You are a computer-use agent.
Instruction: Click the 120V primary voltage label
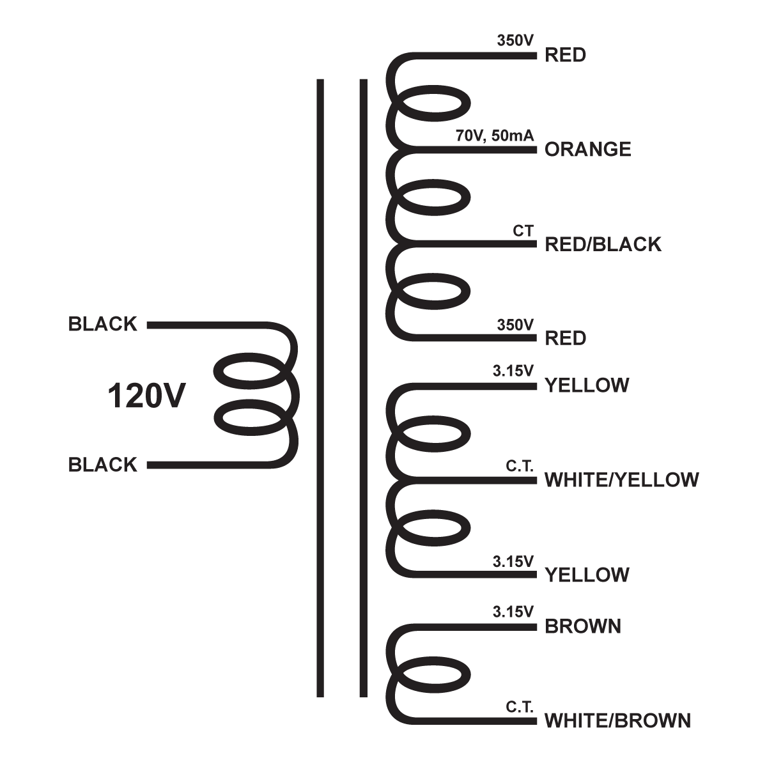[x=146, y=396]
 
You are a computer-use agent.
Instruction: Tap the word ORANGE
[x=587, y=150]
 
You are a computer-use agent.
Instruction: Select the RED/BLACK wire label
[x=603, y=244]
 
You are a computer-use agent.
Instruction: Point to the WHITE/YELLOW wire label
[x=621, y=479]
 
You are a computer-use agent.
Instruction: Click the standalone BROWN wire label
[x=582, y=626]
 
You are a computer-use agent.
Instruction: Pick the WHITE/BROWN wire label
[x=617, y=721]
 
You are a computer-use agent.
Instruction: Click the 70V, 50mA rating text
[x=495, y=136]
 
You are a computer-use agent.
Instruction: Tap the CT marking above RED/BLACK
[x=523, y=231]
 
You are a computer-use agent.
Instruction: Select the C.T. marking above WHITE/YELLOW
[x=520, y=466]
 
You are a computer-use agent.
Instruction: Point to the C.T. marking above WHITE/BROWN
[x=520, y=707]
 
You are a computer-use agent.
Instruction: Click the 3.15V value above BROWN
[x=513, y=612]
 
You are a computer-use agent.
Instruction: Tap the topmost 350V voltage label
[x=515, y=40]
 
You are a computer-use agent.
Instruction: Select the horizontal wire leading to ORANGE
[x=473, y=150]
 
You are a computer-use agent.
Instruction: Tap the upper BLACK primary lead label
[x=103, y=325]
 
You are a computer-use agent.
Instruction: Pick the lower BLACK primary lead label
[x=103, y=465]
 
